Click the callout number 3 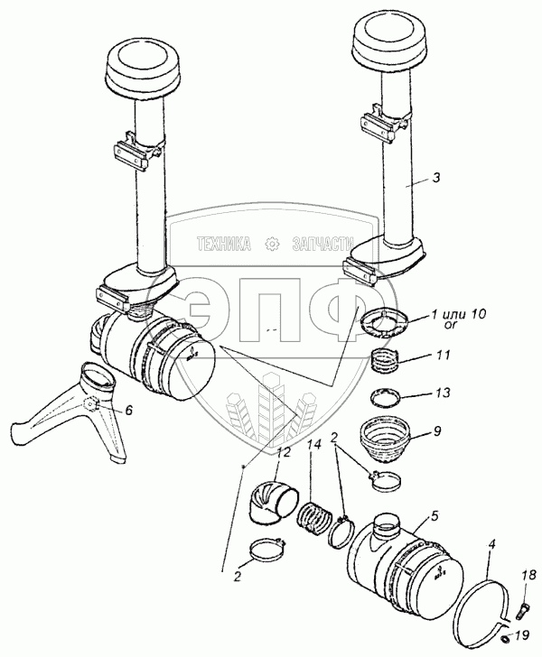coord(436,177)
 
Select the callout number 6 coord(128,410)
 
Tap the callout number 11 coord(442,355)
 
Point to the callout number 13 coord(442,393)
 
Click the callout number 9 coord(437,431)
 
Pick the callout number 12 coord(284,453)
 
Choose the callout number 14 coord(314,444)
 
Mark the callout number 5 coord(434,515)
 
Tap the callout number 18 coord(529,575)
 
